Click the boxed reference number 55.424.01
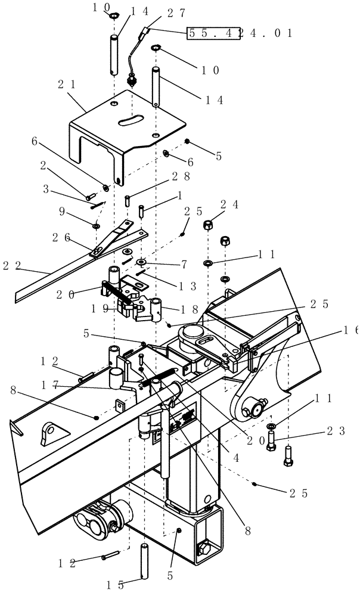click(240, 33)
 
